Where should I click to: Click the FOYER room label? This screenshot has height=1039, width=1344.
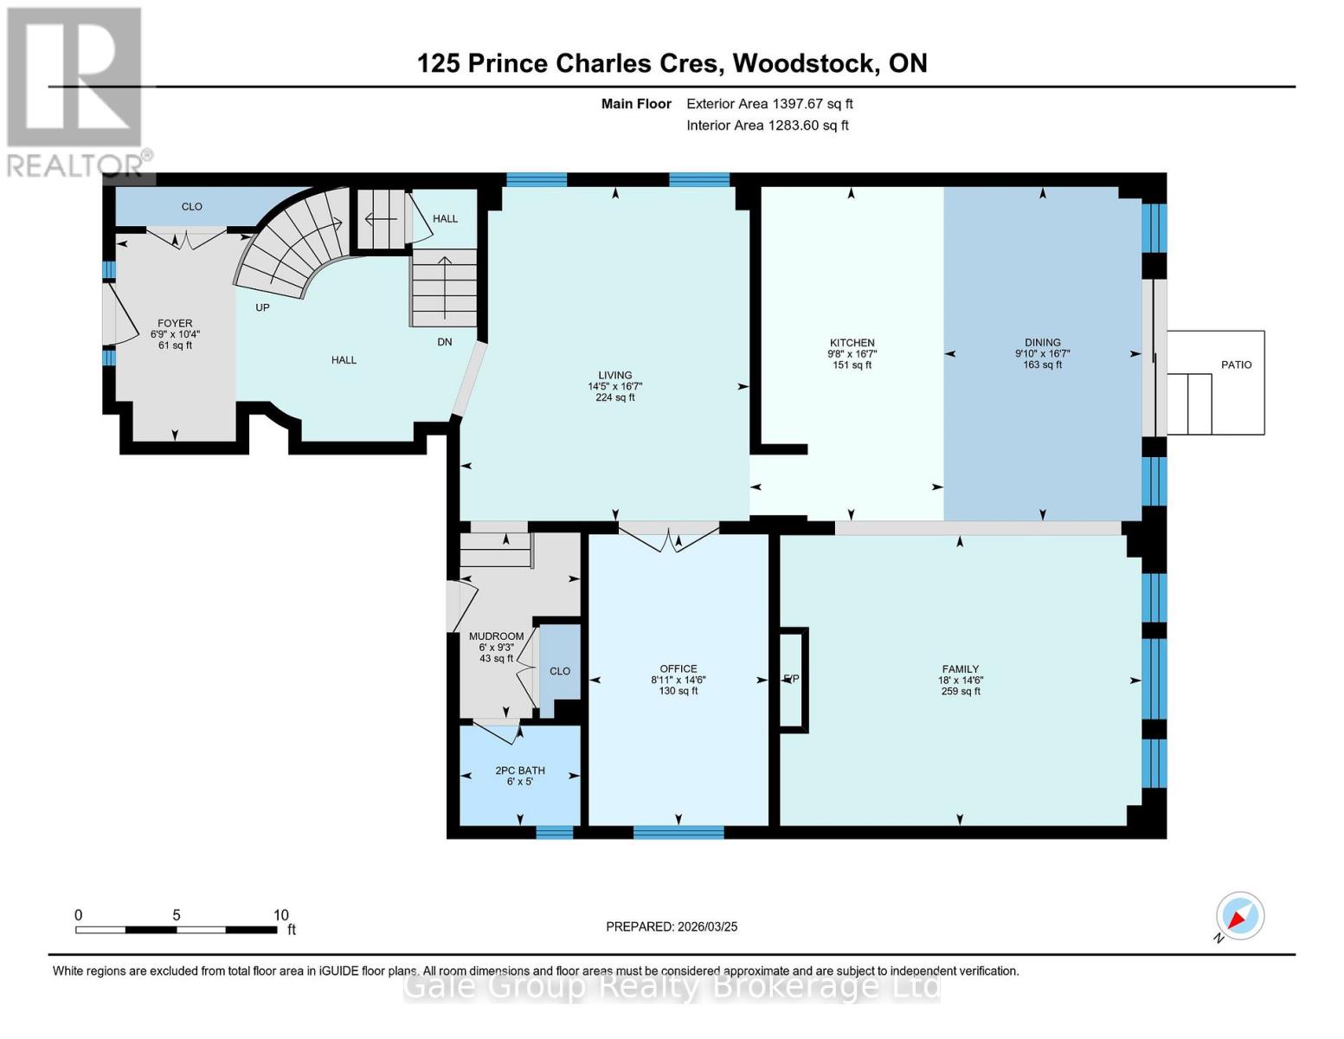(x=175, y=324)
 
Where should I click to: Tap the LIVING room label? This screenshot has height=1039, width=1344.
(x=615, y=376)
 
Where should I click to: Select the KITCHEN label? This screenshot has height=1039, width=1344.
(x=852, y=343)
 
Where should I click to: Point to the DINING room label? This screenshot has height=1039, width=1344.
(x=1042, y=343)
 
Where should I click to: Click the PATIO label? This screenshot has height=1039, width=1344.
(x=1236, y=365)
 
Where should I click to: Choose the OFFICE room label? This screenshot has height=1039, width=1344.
(x=678, y=668)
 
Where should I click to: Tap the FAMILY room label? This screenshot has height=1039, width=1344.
(x=960, y=668)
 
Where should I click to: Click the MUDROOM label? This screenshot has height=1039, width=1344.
(x=496, y=636)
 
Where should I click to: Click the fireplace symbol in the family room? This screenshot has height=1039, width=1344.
(x=793, y=680)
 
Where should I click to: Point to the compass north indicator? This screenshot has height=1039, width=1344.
(x=1239, y=916)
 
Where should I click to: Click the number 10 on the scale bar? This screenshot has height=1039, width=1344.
(x=280, y=915)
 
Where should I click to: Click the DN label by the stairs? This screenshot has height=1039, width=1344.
(x=444, y=342)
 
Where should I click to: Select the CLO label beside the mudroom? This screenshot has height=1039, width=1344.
(x=560, y=671)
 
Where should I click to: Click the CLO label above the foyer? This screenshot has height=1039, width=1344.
(x=191, y=206)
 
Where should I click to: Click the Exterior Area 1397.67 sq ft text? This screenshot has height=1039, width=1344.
(x=769, y=104)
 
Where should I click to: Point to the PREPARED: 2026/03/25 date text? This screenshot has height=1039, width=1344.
(x=672, y=926)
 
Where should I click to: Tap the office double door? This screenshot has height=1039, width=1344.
(x=668, y=537)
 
